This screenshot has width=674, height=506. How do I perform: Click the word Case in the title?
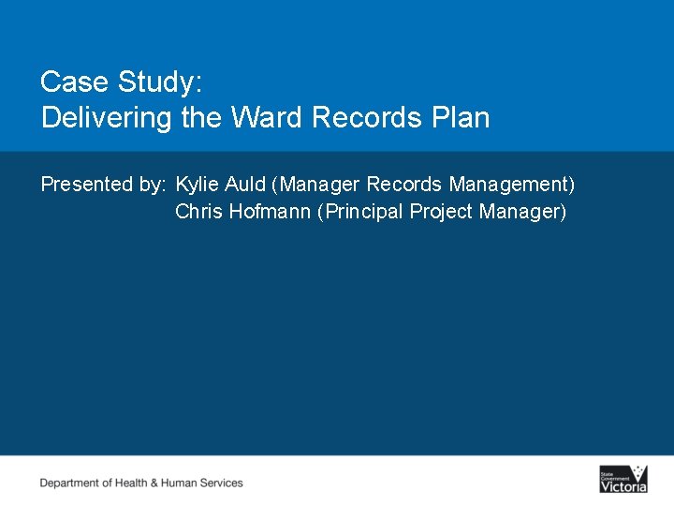click(75, 82)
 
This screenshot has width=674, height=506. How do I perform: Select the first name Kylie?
click(196, 185)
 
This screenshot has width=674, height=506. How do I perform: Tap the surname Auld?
click(243, 185)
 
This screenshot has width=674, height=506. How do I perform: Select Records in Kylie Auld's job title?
click(403, 185)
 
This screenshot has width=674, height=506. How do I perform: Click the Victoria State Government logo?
click(623, 479)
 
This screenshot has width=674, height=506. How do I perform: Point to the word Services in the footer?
click(223, 484)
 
